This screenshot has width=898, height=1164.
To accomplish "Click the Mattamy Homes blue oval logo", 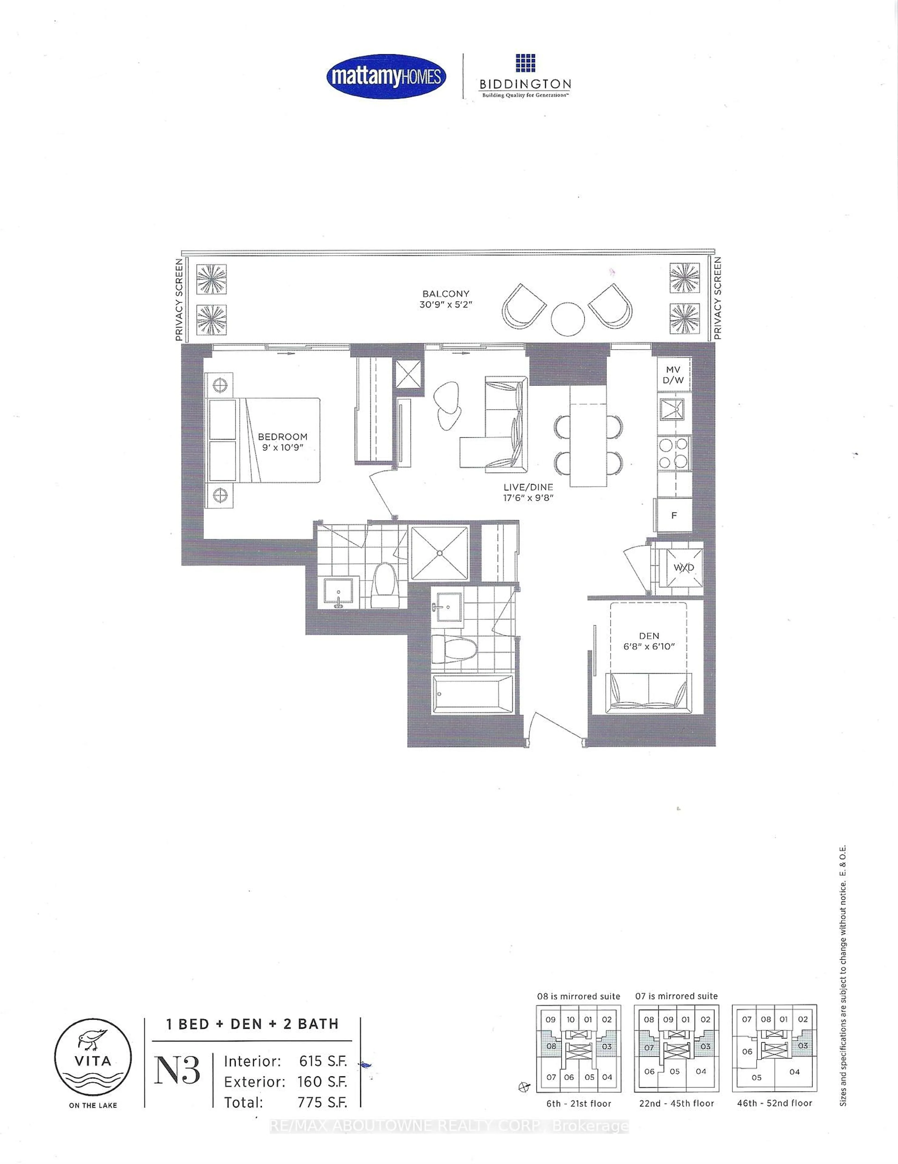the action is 386,77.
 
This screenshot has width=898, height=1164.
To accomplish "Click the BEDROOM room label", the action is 283,437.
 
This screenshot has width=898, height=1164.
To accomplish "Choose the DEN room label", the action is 649,636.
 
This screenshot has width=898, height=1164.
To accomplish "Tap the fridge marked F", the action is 674,515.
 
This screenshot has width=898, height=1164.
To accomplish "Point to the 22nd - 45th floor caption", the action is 677,1103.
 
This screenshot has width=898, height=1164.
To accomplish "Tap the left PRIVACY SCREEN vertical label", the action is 179,299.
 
